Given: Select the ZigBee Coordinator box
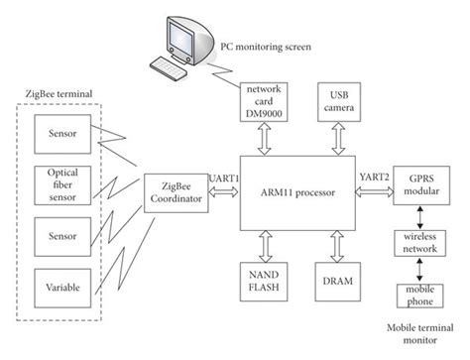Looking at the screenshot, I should tap(175, 191).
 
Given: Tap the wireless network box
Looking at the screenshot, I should tap(419, 242).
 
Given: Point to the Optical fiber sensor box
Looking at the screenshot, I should tap(62, 184).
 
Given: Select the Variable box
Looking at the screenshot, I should tap(62, 288).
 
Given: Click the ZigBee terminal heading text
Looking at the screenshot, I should tap(58, 93).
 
